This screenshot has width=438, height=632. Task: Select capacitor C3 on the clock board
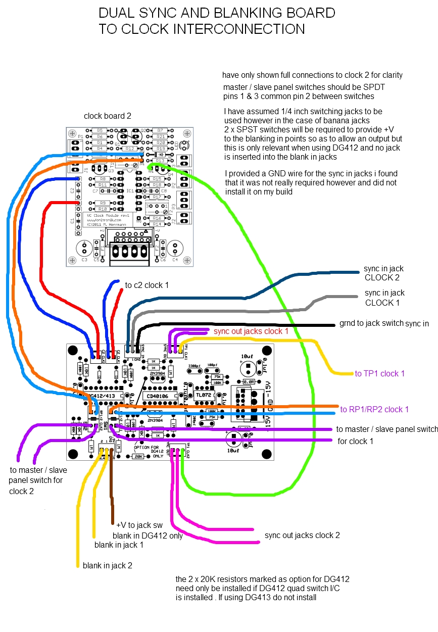(x=84, y=249)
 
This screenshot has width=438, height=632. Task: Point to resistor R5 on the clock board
(x=100, y=130)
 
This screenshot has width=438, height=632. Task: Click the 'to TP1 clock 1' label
(x=380, y=373)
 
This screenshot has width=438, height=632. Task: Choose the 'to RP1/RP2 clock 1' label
(x=374, y=409)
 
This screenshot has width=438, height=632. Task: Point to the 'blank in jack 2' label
(x=108, y=565)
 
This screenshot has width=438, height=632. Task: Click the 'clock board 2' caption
(x=108, y=116)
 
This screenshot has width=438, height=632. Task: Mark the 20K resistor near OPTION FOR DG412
(x=137, y=456)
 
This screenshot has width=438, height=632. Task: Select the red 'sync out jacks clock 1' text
(x=251, y=331)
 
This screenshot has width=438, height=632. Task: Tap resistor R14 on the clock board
(x=157, y=224)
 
